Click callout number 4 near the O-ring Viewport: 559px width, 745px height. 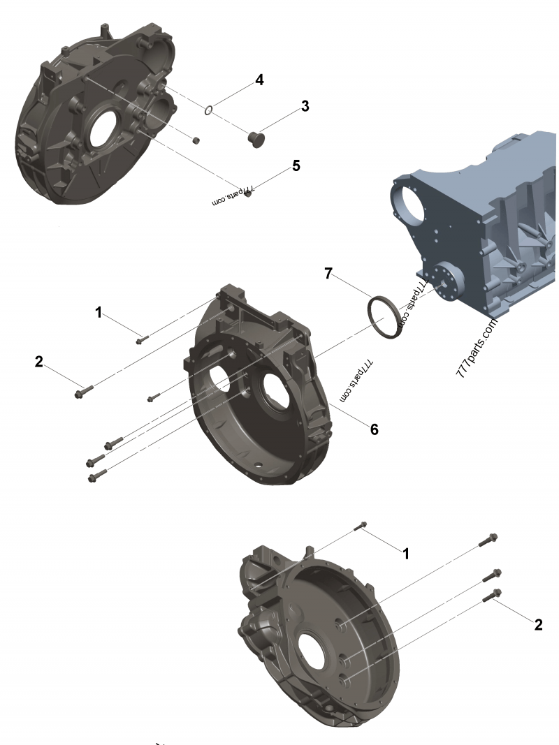[259, 80]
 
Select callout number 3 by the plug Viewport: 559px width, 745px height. [305, 106]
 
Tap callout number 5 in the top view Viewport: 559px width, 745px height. [296, 165]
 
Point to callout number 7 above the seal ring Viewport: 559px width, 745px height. [328, 274]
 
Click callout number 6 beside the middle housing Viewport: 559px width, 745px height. [375, 429]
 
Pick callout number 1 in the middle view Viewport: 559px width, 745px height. [99, 313]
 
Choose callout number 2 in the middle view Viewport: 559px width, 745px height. [39, 362]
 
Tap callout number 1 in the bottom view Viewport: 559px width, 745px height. [405, 554]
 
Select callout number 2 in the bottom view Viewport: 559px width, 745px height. [538, 624]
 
